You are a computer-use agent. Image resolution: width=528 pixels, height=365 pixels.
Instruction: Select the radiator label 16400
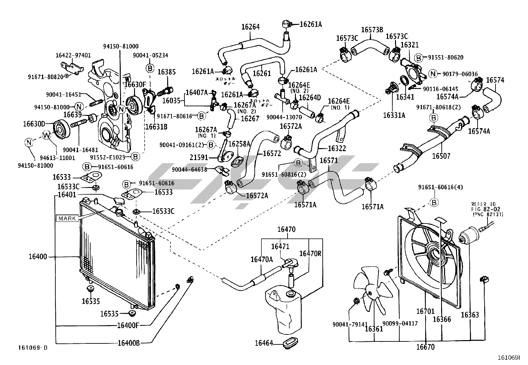(37, 257)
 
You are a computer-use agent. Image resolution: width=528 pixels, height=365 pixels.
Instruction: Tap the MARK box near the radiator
(67, 219)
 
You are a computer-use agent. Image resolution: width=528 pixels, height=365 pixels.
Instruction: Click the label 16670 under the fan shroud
(426, 347)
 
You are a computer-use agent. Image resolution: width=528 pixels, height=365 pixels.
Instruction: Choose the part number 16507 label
(441, 156)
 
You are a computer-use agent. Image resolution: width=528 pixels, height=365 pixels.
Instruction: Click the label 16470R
(310, 254)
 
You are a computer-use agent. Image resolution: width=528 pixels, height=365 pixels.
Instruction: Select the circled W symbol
(47, 135)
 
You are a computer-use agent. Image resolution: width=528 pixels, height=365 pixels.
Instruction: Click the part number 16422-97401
(73, 55)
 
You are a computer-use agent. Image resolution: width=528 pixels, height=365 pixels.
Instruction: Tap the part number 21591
(199, 157)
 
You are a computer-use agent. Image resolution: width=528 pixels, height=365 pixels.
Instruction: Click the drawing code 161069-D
(33, 348)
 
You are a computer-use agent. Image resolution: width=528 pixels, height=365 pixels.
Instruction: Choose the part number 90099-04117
(400, 323)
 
